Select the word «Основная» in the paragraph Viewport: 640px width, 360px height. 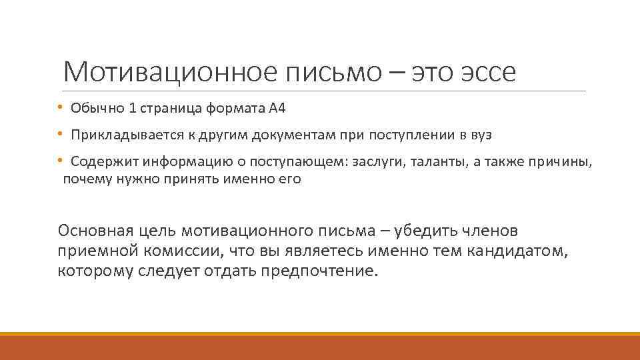tap(95, 231)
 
